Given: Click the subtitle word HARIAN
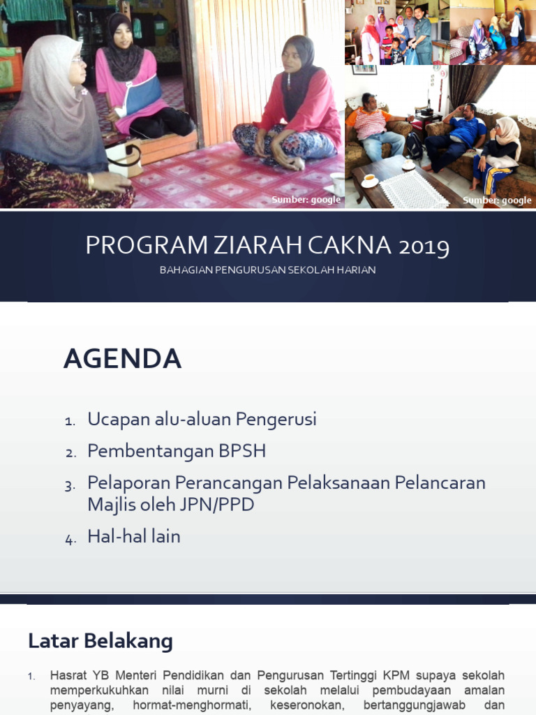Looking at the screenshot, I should click(x=357, y=270).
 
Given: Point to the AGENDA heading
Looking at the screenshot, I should click(x=122, y=359).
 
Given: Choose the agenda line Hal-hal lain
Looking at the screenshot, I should click(x=133, y=536).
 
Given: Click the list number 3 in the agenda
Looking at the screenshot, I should click(x=70, y=485).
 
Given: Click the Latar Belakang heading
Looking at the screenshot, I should click(x=100, y=640).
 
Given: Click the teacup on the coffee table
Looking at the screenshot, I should click(x=369, y=181).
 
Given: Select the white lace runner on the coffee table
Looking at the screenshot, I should click(x=414, y=189).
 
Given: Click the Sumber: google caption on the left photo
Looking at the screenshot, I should click(x=306, y=200).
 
